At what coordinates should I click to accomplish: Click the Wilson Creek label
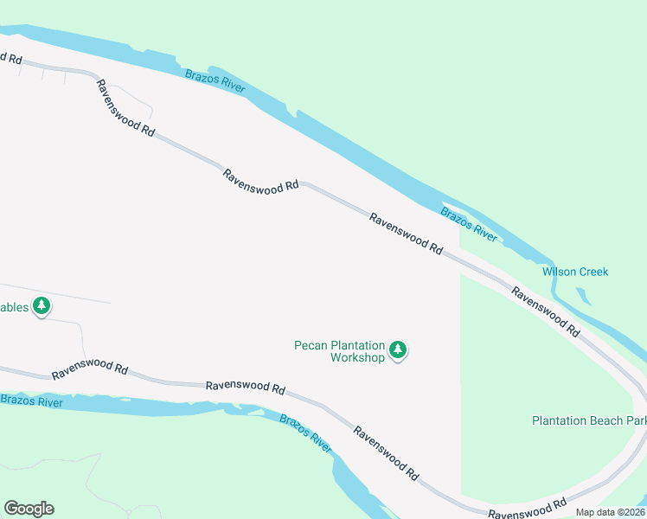pyautogui.click(x=575, y=272)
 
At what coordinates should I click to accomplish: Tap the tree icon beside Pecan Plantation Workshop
pyautogui.click(x=398, y=350)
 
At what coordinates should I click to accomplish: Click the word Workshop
pyautogui.click(x=356, y=357)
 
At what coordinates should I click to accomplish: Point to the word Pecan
pyautogui.click(x=311, y=345)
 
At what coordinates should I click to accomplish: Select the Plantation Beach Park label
pyautogui.click(x=588, y=420)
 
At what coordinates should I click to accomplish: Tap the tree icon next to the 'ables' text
pyautogui.click(x=42, y=306)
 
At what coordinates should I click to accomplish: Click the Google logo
pyautogui.click(x=29, y=509)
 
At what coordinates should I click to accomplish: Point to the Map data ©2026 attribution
pyautogui.click(x=610, y=512)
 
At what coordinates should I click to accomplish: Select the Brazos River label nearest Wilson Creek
pyautogui.click(x=469, y=225)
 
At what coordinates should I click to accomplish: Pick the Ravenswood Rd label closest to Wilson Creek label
pyautogui.click(x=545, y=311)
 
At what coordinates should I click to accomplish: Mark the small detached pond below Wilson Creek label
pyautogui.click(x=583, y=297)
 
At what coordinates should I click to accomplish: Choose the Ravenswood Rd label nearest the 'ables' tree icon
pyautogui.click(x=89, y=369)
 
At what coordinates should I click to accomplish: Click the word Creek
pyautogui.click(x=593, y=272)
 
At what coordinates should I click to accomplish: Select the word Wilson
pyautogui.click(x=559, y=272)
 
